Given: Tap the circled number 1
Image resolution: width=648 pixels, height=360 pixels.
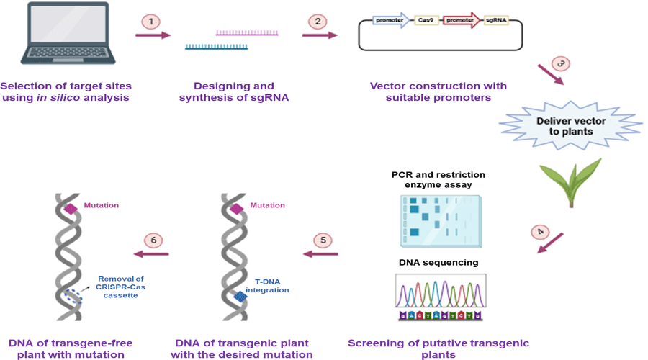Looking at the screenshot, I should pyautogui.click(x=151, y=22).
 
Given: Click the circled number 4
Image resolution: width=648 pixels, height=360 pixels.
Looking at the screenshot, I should pyautogui.click(x=539, y=232).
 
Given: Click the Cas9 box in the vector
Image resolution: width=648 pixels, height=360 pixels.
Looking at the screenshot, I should pyautogui.click(x=426, y=21).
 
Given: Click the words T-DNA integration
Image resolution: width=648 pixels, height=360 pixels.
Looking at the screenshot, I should pyautogui.click(x=266, y=286).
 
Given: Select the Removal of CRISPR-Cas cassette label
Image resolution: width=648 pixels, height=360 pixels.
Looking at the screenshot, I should pyautogui.click(x=121, y=286).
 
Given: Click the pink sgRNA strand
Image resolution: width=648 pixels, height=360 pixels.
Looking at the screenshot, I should pyautogui.click(x=247, y=33).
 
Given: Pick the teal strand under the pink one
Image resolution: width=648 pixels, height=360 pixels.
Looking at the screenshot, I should pyautogui.click(x=217, y=47).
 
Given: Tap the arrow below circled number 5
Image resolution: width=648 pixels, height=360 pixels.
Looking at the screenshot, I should pyautogui.click(x=318, y=253).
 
